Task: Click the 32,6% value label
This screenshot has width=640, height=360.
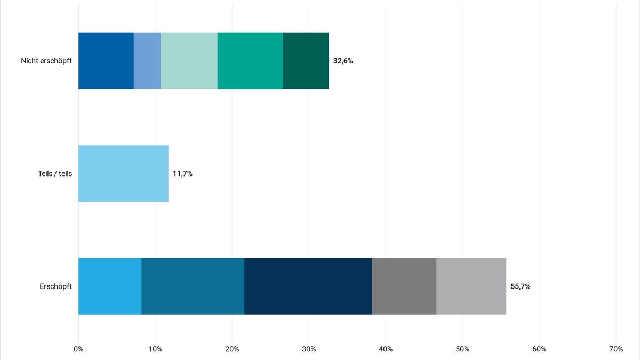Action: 343,61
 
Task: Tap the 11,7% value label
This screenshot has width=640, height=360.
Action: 182,173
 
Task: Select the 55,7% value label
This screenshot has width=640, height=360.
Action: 521,286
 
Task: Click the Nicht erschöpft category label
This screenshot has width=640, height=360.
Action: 46,61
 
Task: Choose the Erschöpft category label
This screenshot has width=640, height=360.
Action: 55,286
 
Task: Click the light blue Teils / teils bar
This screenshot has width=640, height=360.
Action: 123,173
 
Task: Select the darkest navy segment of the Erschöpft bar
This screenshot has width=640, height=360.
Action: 308,286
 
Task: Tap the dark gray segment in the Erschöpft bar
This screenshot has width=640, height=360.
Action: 404,286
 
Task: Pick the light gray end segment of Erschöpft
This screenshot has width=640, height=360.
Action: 471,286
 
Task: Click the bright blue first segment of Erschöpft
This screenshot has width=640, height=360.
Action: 110,286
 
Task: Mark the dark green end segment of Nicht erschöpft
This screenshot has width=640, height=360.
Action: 306,61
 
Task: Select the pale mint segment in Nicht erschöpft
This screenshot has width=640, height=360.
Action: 189,61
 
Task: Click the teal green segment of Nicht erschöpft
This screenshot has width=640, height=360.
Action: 250,61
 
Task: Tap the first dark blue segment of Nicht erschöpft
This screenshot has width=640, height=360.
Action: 106,61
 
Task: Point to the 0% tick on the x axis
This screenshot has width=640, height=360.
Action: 78,349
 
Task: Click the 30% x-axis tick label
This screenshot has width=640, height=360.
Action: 309,349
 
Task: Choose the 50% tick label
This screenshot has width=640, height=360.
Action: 462,349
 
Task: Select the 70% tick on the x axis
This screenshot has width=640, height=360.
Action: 616,349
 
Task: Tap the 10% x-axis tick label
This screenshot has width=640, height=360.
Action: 155,349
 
